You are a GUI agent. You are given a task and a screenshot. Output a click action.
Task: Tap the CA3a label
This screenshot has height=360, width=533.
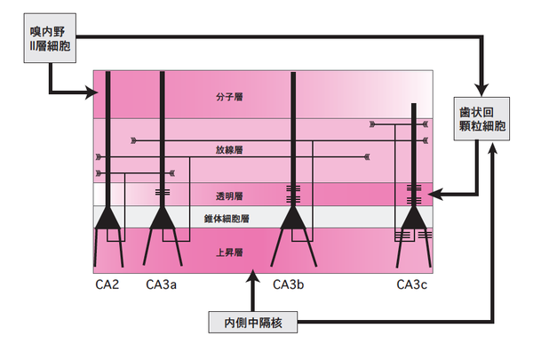click(163, 284)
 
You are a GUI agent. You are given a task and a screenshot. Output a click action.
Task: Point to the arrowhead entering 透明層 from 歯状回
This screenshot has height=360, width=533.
click(440, 192)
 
